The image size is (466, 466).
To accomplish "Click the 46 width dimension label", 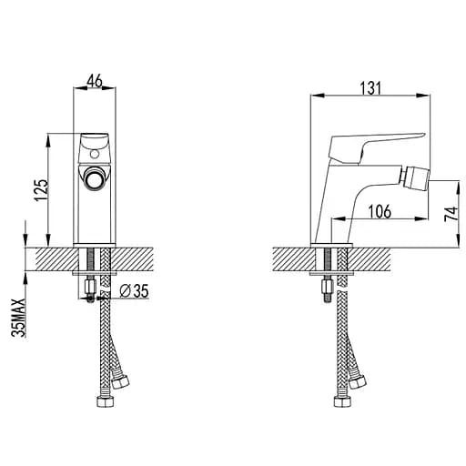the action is point(95,81).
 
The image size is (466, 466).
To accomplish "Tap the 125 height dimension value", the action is point(41,190).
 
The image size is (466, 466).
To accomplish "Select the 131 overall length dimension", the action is point(370,88).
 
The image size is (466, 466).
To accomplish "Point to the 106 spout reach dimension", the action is point(380,211).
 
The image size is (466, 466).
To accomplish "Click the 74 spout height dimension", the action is point(451,214).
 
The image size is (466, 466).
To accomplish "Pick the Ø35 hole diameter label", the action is point(134,291).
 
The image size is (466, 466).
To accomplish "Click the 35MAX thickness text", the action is point(17,318).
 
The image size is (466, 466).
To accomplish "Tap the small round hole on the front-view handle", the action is point(95,155).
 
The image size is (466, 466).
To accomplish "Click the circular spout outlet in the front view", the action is point(95,179).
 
